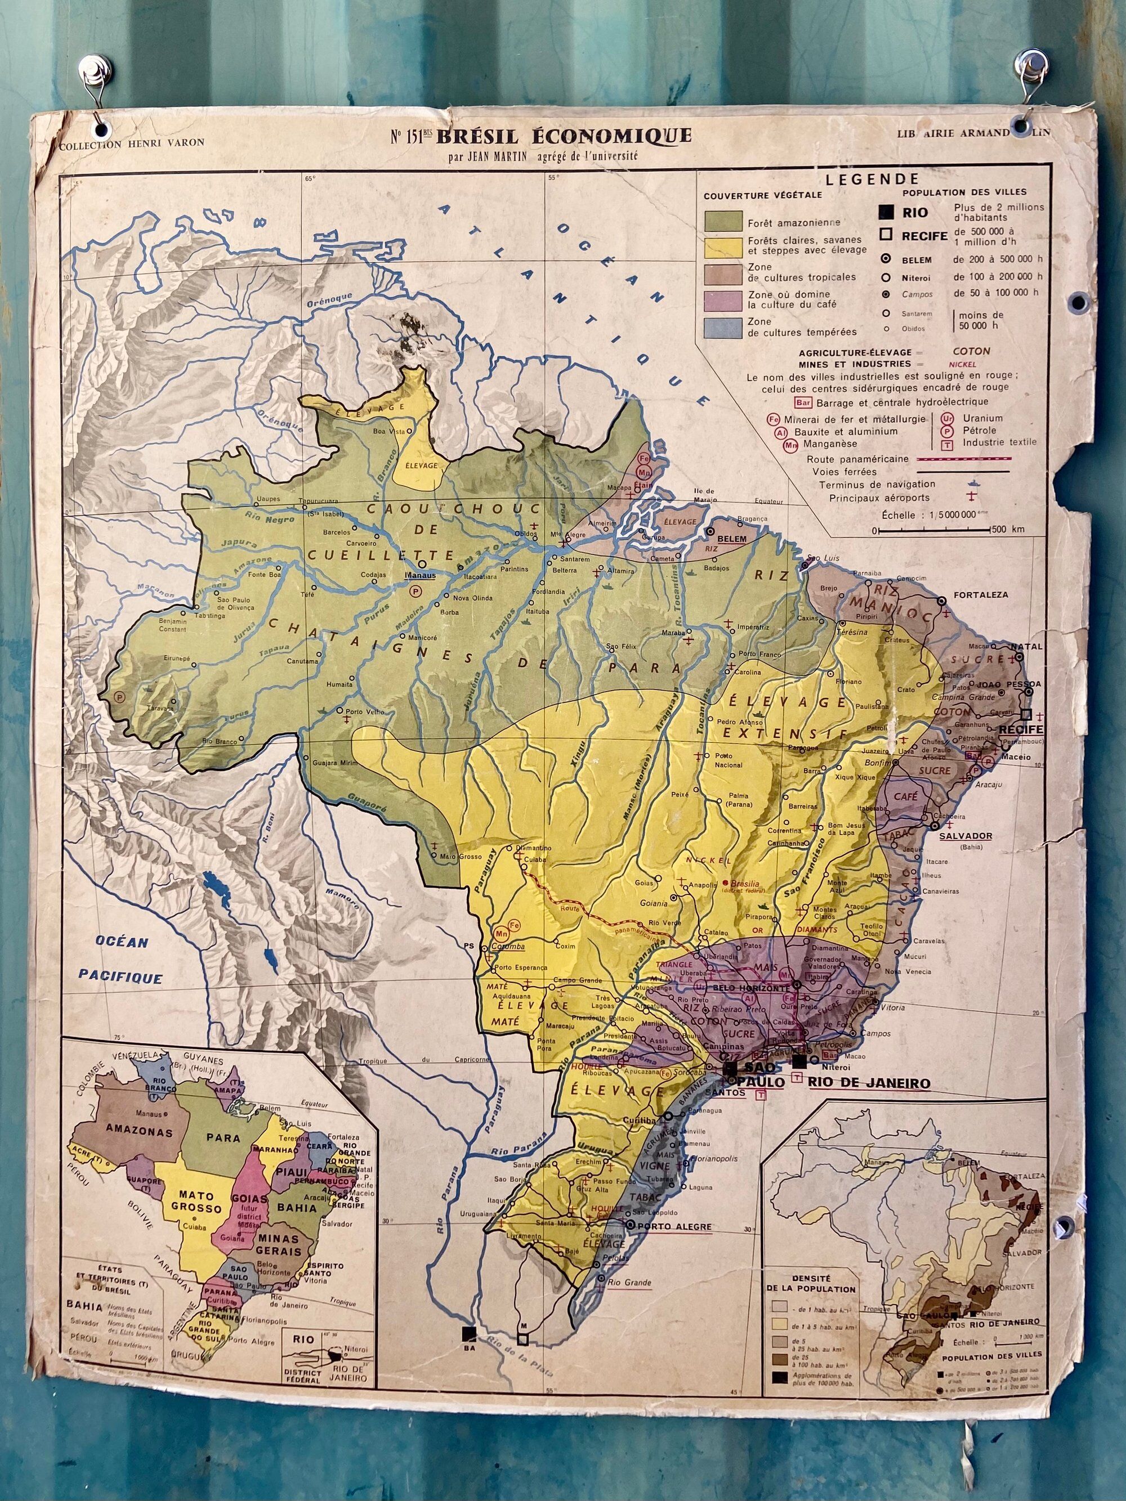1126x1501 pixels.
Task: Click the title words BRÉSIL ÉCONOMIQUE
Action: [564, 136]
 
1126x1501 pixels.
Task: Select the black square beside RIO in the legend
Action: [886, 212]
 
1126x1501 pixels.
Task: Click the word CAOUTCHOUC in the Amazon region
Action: [453, 509]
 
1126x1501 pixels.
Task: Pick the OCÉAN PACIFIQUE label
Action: [121, 960]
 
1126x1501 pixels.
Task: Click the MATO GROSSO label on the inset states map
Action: [196, 1202]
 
